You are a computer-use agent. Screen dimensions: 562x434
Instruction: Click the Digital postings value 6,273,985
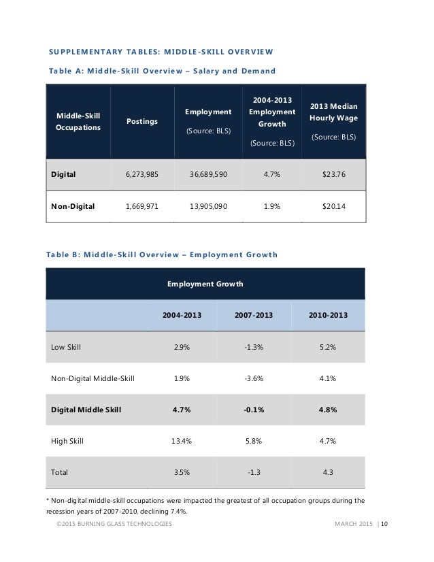click(141, 174)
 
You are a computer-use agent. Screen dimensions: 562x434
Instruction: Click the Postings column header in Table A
click(141, 121)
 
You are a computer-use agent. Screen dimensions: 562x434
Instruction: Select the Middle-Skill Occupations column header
click(76, 122)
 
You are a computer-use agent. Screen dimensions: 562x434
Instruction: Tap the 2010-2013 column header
click(328, 315)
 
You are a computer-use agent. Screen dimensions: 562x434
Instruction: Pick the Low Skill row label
click(66, 347)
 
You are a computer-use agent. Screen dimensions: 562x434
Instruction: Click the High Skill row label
click(67, 441)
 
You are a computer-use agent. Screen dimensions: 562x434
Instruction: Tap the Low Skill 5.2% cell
click(328, 347)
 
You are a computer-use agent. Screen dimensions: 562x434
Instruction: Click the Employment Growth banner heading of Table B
click(205, 284)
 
